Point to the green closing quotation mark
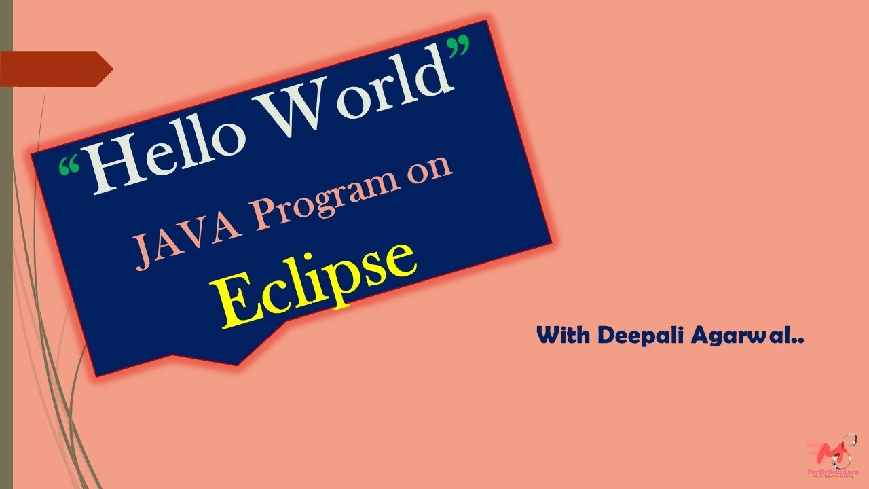point(461,48)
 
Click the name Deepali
point(631,336)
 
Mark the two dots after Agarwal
point(798,341)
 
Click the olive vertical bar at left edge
point(6,272)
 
